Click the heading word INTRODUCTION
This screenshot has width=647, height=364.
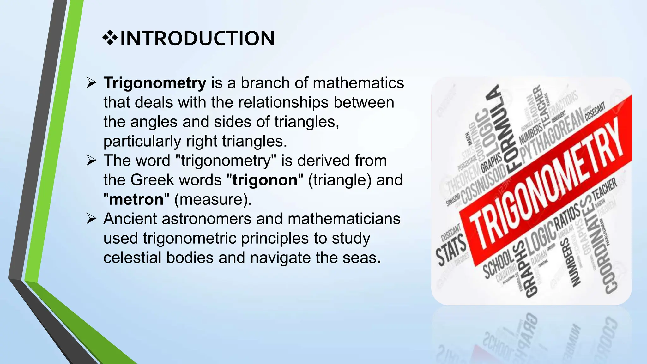197,39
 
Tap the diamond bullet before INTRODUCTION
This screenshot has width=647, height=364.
110,39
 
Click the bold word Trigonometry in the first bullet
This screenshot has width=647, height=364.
155,83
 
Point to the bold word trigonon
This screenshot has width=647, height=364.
265,180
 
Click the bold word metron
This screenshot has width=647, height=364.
136,199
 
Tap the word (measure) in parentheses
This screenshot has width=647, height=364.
213,200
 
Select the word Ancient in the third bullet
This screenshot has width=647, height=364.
130,219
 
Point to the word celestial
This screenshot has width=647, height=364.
132,258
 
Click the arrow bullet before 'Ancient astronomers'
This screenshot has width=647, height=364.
91,219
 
